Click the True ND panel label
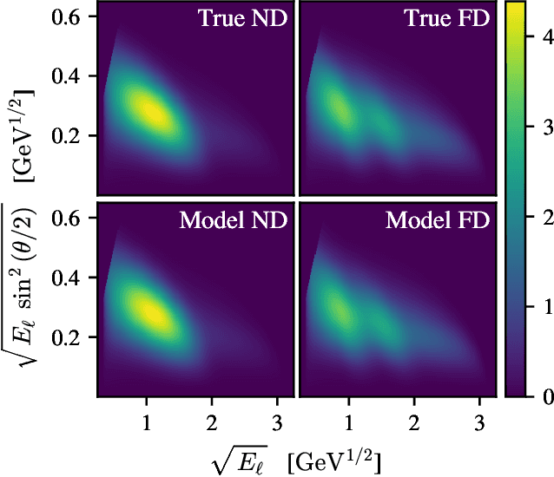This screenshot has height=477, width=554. tap(238, 19)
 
